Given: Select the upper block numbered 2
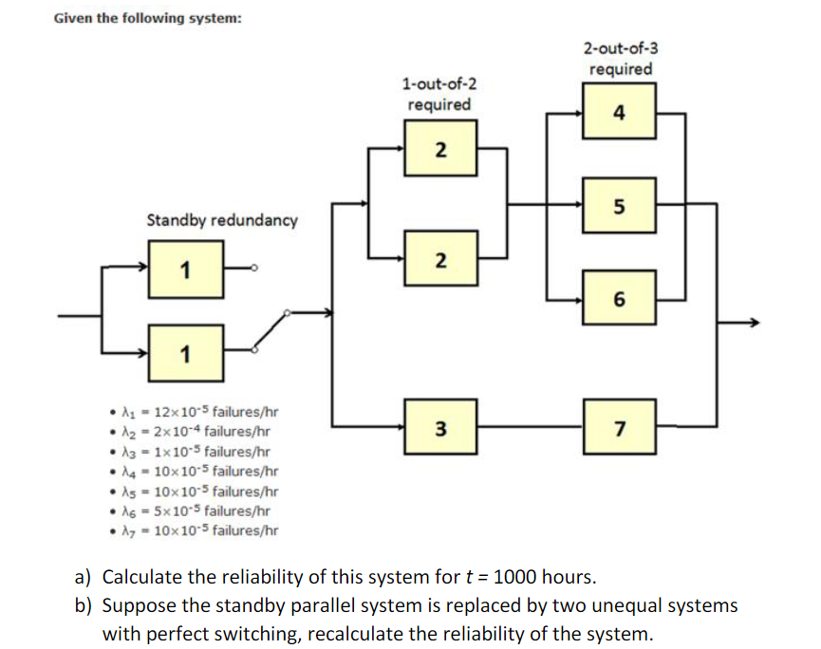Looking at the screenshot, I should [x=439, y=149].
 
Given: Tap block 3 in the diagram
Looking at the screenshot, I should [x=439, y=428].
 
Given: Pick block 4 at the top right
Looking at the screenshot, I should [x=619, y=113].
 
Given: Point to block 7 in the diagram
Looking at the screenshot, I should [x=619, y=428].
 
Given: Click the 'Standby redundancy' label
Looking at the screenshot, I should [x=221, y=220].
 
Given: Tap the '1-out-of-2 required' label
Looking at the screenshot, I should [x=438, y=95].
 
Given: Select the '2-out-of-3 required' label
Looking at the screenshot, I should [x=619, y=59].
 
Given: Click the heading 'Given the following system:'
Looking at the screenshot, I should [x=147, y=18].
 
